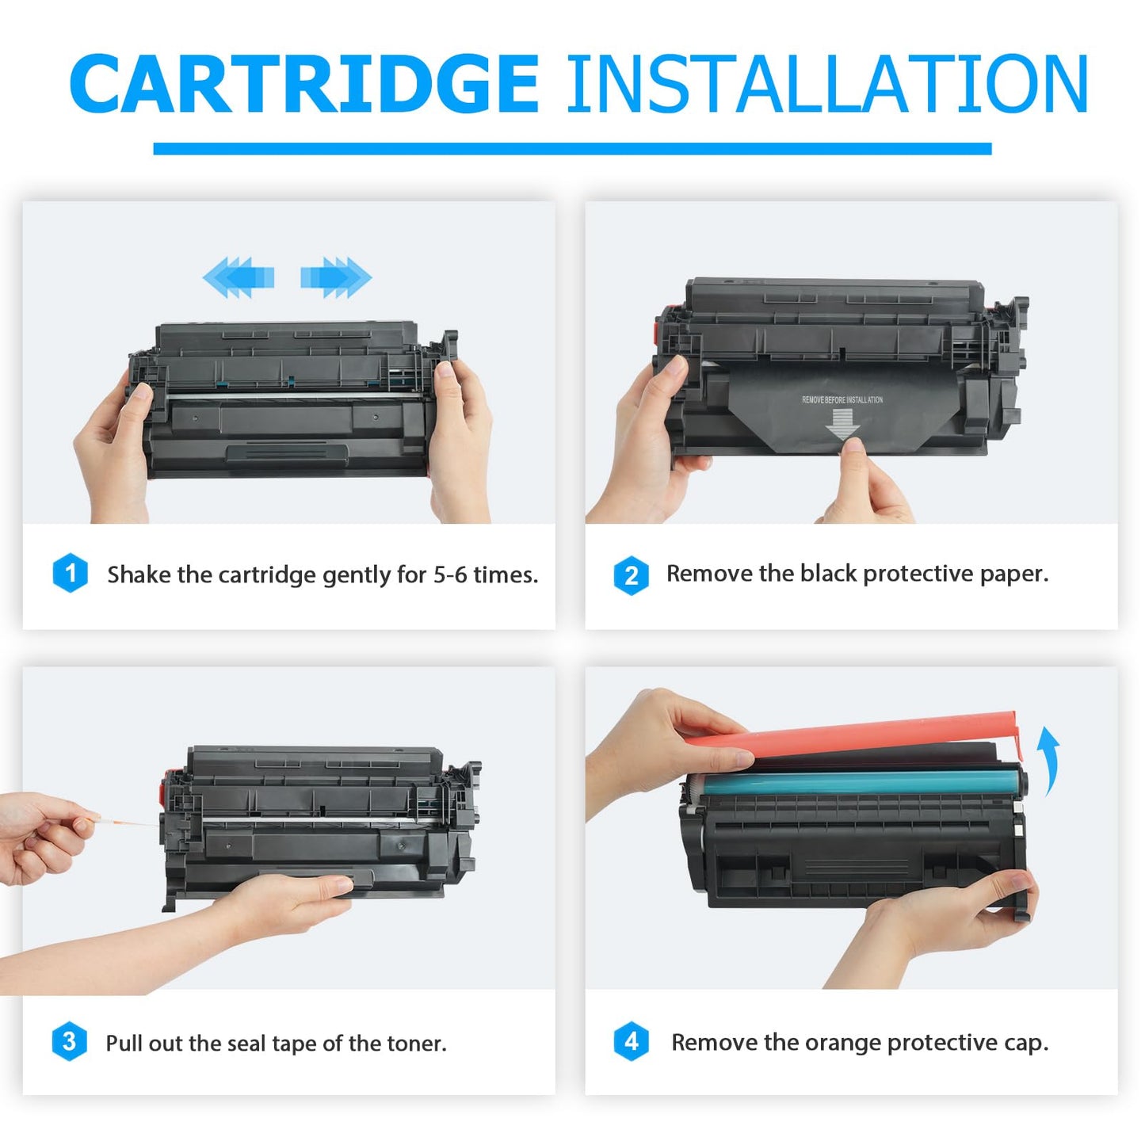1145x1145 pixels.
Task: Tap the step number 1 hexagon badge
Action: tap(71, 573)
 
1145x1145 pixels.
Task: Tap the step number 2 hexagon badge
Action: tap(631, 575)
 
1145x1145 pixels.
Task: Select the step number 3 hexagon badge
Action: tap(69, 1041)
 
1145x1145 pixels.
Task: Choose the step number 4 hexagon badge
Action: tap(631, 1041)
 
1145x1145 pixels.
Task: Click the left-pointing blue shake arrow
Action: tap(238, 277)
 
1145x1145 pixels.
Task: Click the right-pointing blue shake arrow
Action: tap(336, 277)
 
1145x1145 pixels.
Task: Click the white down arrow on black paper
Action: tap(842, 424)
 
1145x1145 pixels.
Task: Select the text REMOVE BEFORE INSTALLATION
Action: tap(842, 399)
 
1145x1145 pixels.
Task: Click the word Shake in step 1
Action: tap(139, 574)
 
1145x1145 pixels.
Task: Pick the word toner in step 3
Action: tap(417, 1043)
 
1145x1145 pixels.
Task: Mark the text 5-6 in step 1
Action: tap(449, 574)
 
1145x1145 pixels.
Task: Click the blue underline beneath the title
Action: tap(572, 149)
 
